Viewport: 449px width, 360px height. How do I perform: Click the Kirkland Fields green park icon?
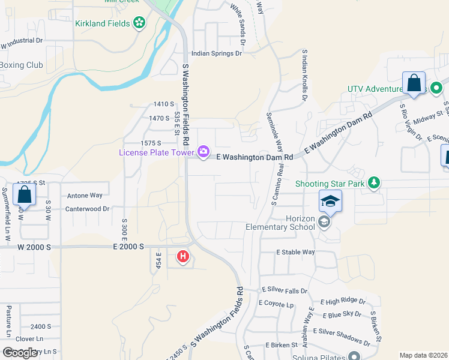(x=140, y=23)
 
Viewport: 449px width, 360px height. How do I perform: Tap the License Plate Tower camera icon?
(x=203, y=151)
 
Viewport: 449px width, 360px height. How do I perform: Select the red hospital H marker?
(x=183, y=257)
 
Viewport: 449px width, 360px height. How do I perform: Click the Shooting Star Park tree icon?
(x=373, y=181)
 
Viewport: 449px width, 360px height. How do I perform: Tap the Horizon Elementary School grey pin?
(x=324, y=223)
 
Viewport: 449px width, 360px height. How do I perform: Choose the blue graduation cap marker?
(x=330, y=201)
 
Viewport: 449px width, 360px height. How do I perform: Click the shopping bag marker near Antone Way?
(x=24, y=194)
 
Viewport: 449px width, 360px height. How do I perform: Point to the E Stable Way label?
(x=295, y=252)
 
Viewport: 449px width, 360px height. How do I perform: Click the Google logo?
(x=20, y=353)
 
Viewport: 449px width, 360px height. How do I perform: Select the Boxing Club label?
(x=22, y=65)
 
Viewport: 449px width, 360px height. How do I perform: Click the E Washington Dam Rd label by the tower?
(x=255, y=157)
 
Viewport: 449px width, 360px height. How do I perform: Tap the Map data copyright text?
(x=424, y=355)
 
